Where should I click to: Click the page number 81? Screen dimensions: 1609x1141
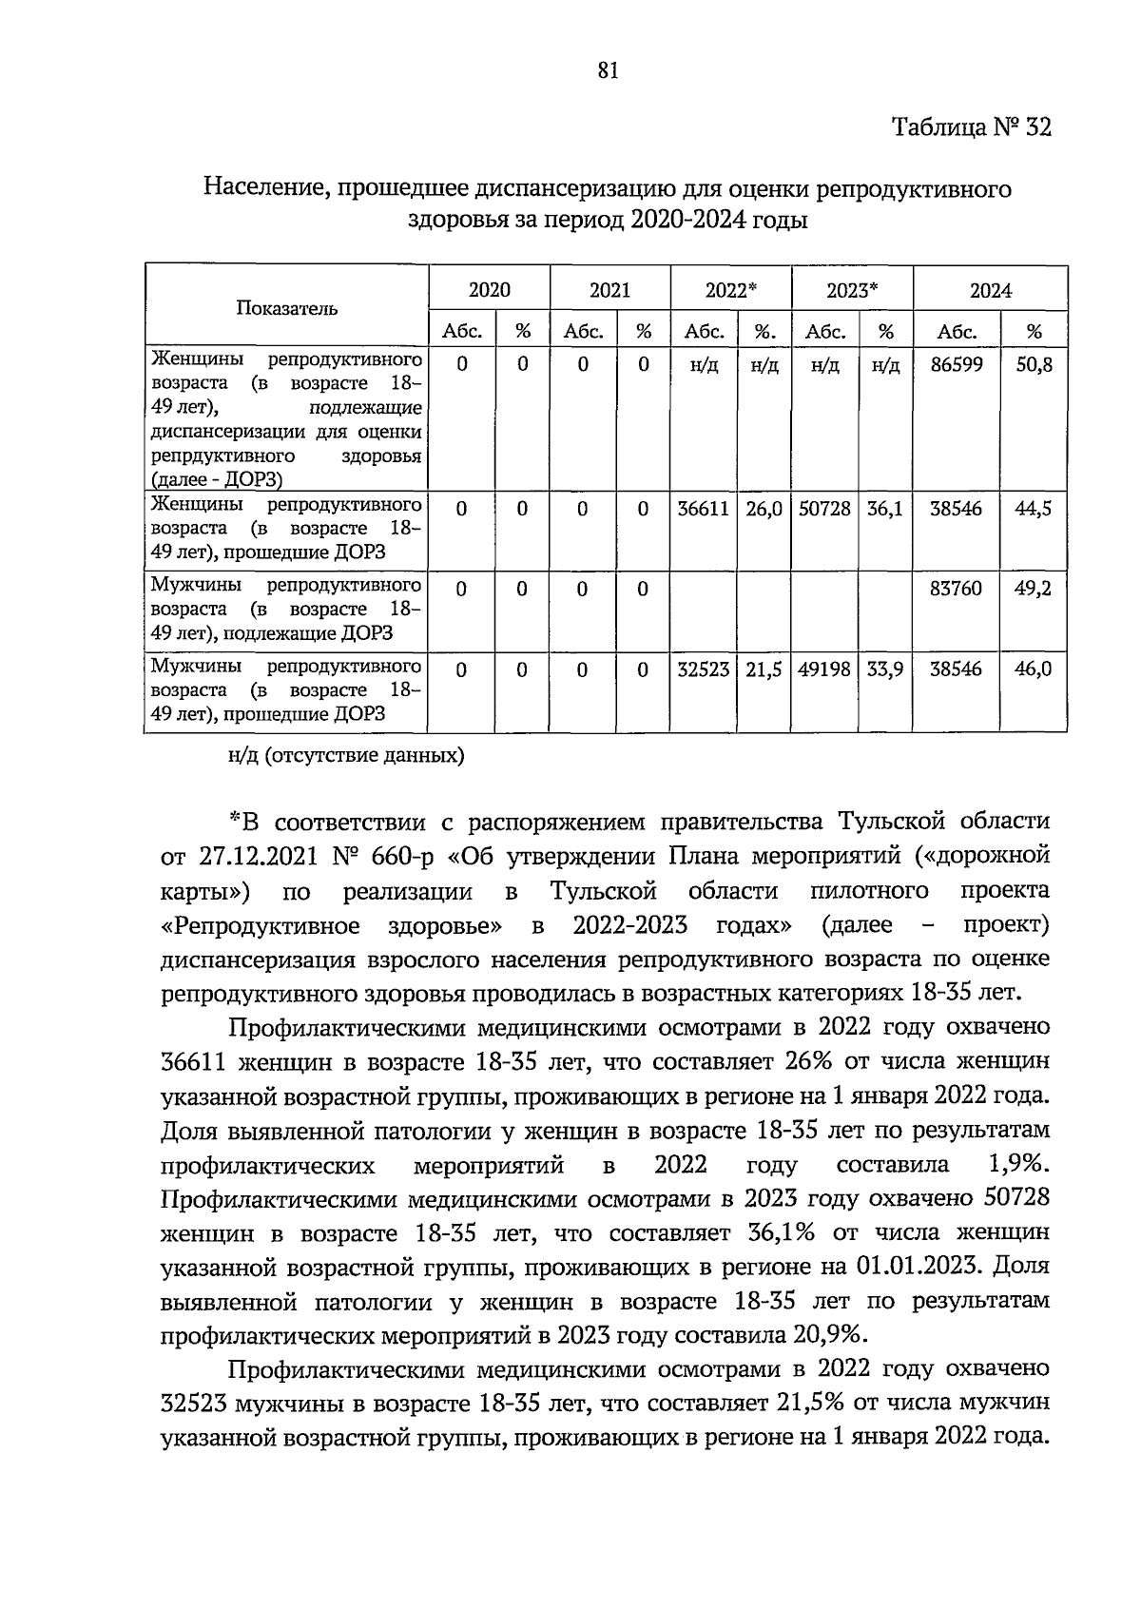pos(609,70)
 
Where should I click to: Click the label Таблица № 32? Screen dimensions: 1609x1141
pos(971,128)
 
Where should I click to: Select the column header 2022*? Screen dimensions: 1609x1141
pos(730,291)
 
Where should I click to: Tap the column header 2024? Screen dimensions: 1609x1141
pos(990,291)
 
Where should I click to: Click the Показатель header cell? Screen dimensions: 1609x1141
pos(286,308)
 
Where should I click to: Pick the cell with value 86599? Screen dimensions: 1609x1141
pos(957,364)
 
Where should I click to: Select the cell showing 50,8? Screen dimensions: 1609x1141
pos(1034,364)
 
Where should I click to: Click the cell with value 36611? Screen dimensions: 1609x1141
pos(703,509)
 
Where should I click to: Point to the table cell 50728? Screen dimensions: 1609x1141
pos(824,509)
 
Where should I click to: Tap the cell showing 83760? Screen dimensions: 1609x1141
pos(957,590)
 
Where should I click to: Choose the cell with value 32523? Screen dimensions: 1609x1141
pos(703,670)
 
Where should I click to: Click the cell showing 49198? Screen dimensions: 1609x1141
pos(824,670)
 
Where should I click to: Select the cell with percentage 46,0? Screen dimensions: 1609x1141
pos(1034,670)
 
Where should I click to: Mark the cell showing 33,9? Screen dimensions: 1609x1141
pos(885,670)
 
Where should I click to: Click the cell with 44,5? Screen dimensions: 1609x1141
pos(1034,509)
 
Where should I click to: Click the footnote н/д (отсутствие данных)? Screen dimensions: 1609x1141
pos(346,757)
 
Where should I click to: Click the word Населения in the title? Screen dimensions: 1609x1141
pos(263,189)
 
